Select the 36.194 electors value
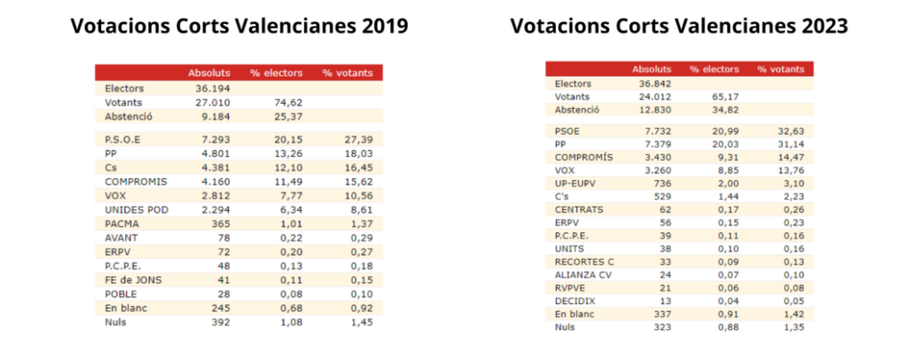211,89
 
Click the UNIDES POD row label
136,210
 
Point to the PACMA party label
121,223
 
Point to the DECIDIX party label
574,301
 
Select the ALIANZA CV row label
582,274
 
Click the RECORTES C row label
584,262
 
